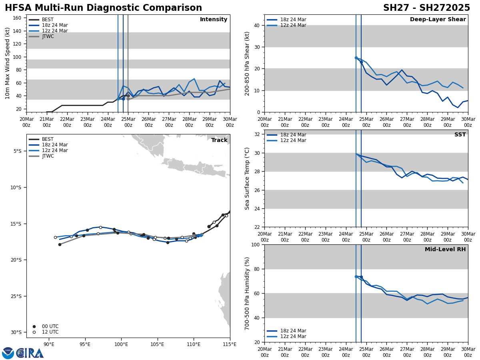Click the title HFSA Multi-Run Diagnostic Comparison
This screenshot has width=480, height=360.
click(103, 8)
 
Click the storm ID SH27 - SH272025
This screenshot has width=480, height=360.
click(426, 8)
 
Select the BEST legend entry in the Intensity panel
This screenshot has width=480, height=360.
click(48, 20)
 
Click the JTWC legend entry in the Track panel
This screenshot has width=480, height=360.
click(48, 156)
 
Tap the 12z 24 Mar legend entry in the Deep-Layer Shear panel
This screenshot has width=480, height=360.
click(293, 25)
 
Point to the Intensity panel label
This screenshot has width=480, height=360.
click(214, 20)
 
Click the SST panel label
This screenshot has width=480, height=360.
click(460, 135)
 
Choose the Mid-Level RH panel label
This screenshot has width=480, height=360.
click(445, 250)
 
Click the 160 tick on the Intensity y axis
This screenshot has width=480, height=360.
click(17, 18)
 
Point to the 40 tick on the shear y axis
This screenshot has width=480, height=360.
click(256, 25)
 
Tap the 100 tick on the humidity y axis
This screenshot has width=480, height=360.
click(254, 244)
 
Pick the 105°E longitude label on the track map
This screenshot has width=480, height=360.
click(157, 344)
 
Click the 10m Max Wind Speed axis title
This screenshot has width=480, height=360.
click(8, 63)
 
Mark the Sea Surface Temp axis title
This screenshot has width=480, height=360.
click(247, 178)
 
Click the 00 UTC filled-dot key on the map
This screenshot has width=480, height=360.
click(34, 326)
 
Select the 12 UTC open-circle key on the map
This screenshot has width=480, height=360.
click(34, 332)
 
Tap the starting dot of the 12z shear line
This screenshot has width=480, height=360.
click(356, 58)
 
